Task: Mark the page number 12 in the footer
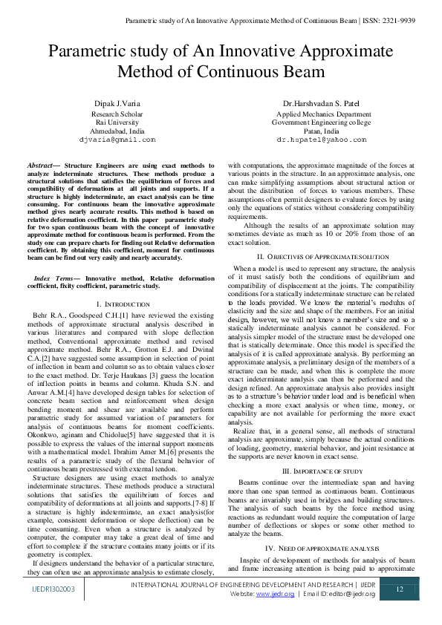tap(399, 589)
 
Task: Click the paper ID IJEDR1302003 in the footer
tap(53, 589)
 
